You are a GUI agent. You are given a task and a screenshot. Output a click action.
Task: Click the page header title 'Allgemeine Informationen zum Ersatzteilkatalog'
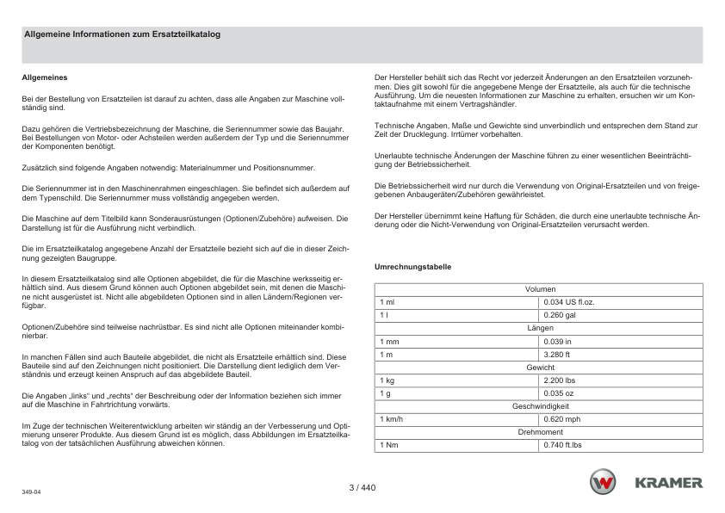(122, 35)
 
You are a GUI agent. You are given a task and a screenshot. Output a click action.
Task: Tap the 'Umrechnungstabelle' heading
(412, 267)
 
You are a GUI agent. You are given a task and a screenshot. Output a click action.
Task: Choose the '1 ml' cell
(387, 303)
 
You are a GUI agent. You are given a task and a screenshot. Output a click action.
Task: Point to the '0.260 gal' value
(559, 316)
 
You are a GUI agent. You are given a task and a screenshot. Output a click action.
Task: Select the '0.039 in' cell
(557, 342)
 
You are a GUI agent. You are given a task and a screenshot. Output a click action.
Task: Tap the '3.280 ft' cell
(557, 355)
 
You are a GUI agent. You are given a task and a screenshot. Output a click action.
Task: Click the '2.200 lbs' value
(560, 380)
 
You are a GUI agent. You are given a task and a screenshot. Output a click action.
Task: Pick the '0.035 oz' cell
(558, 393)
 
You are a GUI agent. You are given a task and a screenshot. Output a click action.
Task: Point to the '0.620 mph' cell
(561, 419)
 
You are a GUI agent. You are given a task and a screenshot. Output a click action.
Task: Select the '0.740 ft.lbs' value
(563, 445)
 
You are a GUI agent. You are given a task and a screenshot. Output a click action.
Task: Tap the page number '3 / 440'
(362, 488)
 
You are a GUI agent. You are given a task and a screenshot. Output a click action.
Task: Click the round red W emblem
(603, 483)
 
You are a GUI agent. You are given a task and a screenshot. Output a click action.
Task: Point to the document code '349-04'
(31, 492)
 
